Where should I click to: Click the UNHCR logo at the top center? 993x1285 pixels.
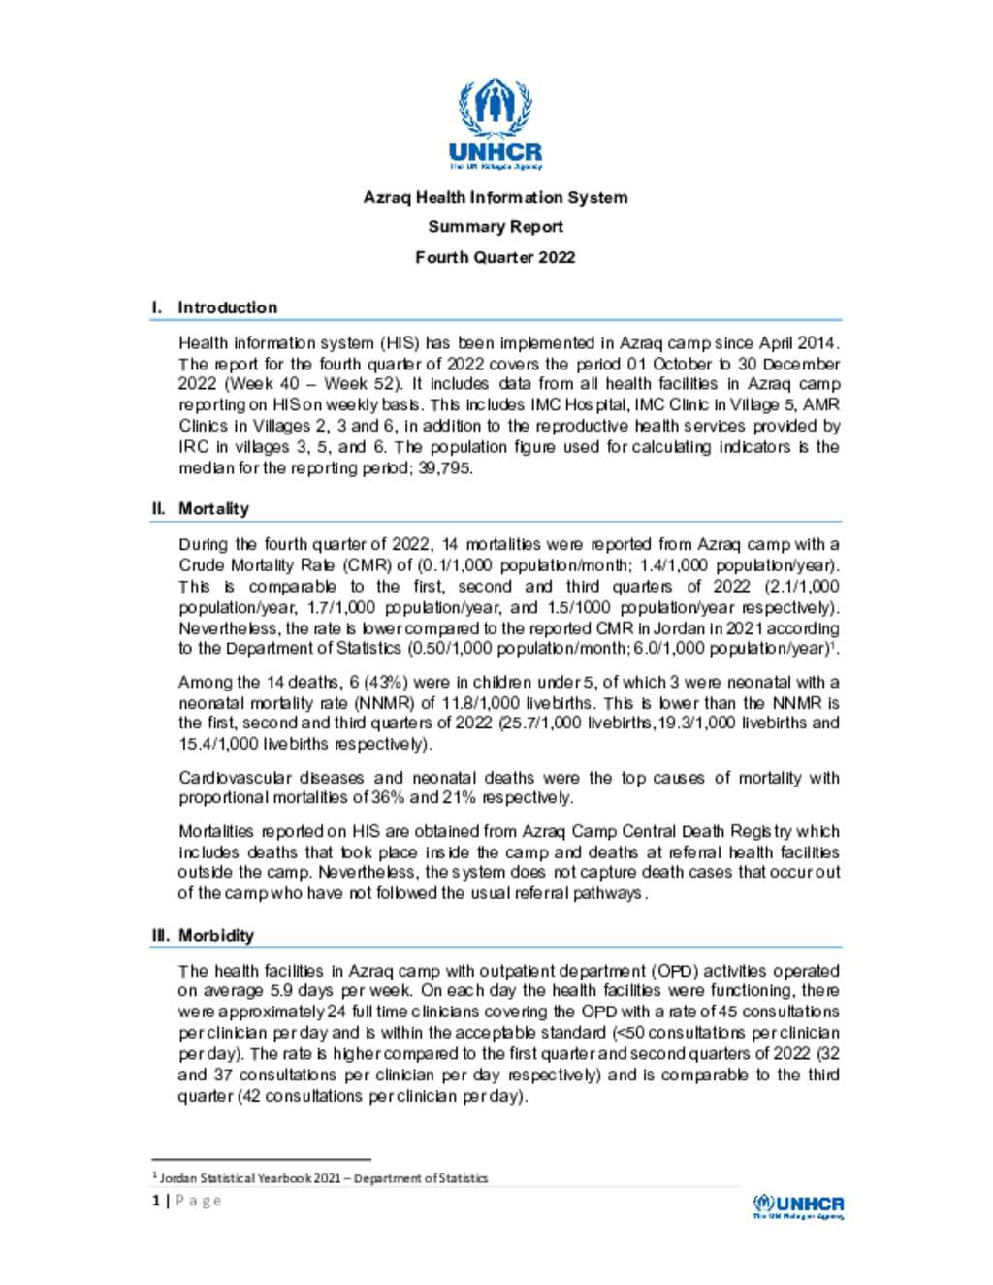point(496,124)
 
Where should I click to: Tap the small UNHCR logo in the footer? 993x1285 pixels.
point(798,1205)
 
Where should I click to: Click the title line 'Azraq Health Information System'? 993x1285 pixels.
point(496,197)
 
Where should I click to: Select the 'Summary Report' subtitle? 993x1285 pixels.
point(496,227)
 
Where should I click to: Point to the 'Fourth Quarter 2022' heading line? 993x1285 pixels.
point(496,257)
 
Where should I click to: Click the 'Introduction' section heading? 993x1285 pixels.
point(227,307)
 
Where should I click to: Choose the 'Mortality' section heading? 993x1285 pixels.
point(213,509)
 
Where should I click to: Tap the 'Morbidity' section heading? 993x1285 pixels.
point(215,936)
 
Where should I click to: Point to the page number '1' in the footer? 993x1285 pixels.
point(155,1201)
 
